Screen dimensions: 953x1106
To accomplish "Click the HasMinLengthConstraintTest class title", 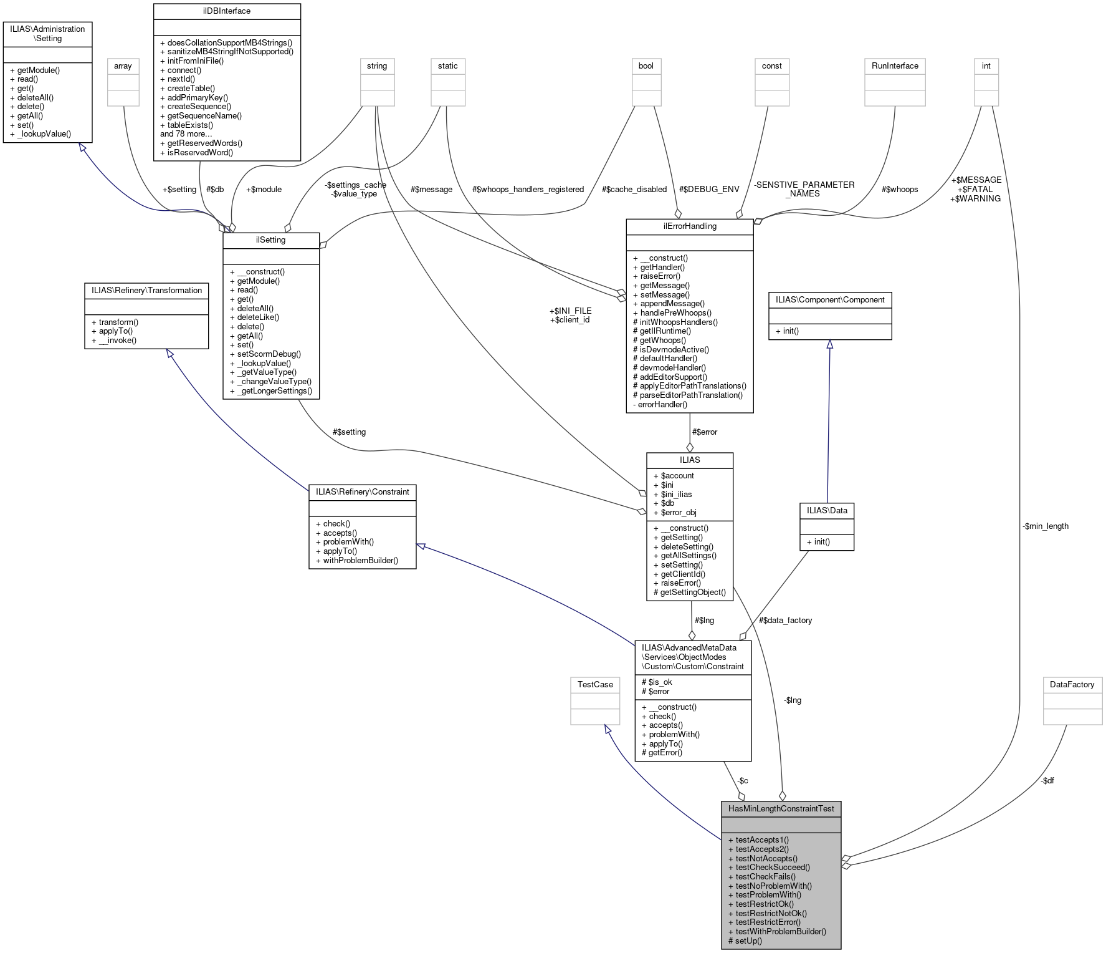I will [x=781, y=809].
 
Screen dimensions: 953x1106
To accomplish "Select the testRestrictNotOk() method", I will [x=771, y=913].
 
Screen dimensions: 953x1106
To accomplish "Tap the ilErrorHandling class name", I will [x=689, y=226].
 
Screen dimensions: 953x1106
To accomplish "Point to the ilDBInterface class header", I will [x=227, y=11].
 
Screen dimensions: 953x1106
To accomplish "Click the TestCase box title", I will [x=595, y=685].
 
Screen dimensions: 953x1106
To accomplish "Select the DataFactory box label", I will [x=1072, y=685].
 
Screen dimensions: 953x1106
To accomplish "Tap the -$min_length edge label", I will [x=1045, y=526].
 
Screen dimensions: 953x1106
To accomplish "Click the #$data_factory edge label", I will [x=785, y=620].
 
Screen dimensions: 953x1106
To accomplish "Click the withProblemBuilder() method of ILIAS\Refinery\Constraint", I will [x=357, y=560].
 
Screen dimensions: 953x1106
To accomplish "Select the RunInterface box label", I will [x=895, y=66].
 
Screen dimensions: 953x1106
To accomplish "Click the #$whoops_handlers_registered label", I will [x=528, y=189].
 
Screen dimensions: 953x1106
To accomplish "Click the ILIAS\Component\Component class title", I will [x=829, y=300].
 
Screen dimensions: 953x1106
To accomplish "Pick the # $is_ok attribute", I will [x=657, y=682].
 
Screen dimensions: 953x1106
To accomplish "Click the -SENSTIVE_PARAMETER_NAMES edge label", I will [x=804, y=189].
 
